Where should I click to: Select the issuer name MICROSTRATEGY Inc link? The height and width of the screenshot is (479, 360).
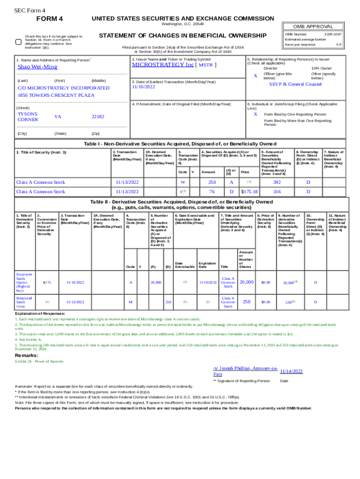pyautogui.click(x=162, y=65)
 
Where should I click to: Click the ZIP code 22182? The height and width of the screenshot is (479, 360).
pyautogui.click(x=98, y=116)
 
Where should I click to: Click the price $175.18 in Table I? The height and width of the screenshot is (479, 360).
pyautogui.click(x=249, y=191)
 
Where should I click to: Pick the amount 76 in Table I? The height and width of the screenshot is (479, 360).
pyautogui.click(x=212, y=191)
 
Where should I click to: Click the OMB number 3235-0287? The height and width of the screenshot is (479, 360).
pyautogui.click(x=332, y=34)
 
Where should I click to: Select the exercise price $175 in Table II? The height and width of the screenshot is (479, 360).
pyautogui.click(x=47, y=283)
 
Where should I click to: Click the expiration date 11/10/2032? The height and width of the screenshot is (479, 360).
pyautogui.click(x=207, y=283)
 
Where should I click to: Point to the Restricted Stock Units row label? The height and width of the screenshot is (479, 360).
pyautogui.click(x=24, y=302)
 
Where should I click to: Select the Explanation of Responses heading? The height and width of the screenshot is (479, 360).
pyautogui.click(x=40, y=313)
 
